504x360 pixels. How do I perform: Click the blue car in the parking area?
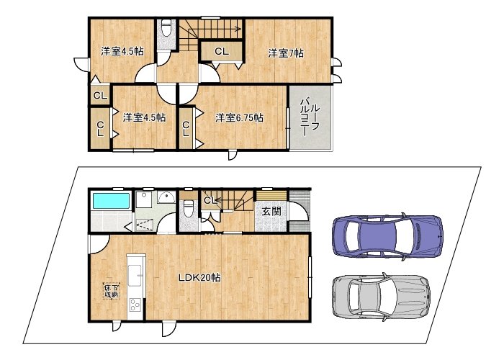pyautogui.click(x=387, y=237)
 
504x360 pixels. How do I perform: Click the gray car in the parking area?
pyautogui.click(x=381, y=297)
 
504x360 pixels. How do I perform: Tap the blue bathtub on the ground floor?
pyautogui.click(x=111, y=201)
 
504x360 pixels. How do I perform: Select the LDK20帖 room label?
pyautogui.click(x=199, y=278)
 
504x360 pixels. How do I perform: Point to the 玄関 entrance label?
pyautogui.click(x=271, y=211)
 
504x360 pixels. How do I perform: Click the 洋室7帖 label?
pyautogui.click(x=286, y=53)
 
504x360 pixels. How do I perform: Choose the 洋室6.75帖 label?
pyautogui.click(x=239, y=118)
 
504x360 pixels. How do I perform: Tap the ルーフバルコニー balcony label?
pyautogui.click(x=309, y=117)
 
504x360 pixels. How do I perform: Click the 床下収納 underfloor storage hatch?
pyautogui.click(x=111, y=291)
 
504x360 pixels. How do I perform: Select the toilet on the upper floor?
pyautogui.click(x=166, y=28)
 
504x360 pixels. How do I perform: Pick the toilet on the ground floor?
pyautogui.click(x=188, y=208)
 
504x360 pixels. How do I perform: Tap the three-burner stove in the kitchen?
pyautogui.click(x=135, y=305)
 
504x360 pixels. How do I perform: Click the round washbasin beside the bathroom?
pyautogui.click(x=166, y=197)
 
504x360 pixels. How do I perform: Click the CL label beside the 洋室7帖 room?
pyautogui.click(x=222, y=51)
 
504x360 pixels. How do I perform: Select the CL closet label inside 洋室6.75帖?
pyautogui.click(x=186, y=129)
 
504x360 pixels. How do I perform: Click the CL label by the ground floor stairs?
pyautogui.click(x=211, y=201)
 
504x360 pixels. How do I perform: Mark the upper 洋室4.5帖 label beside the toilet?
pyautogui.click(x=122, y=51)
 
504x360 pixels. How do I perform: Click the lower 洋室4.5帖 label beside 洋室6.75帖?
pyautogui.click(x=144, y=117)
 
